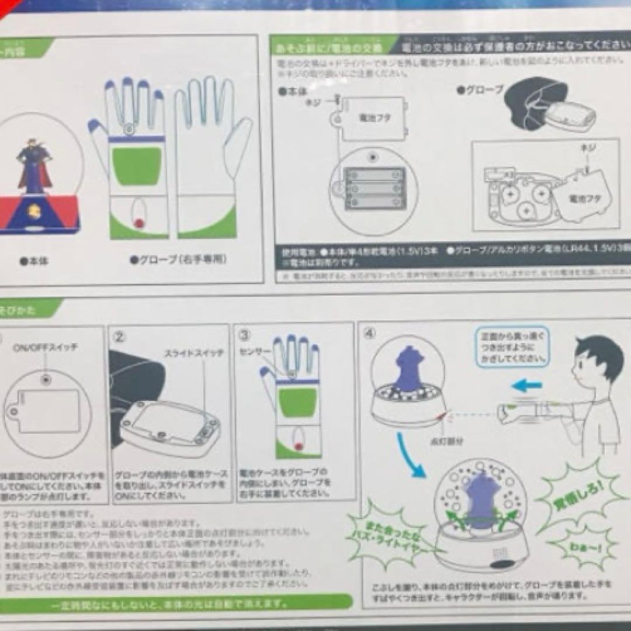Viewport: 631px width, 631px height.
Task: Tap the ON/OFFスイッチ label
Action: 45,347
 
